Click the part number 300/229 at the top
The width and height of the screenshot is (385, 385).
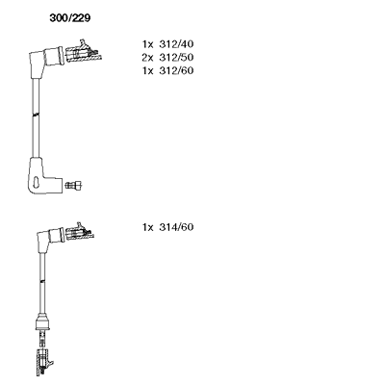(x=70, y=18)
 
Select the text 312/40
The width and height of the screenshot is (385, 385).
(x=176, y=43)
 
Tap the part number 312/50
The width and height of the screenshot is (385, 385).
(x=176, y=57)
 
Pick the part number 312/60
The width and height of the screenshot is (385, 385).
(x=176, y=70)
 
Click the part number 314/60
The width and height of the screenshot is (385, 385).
(x=176, y=227)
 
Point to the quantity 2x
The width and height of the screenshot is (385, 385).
(x=148, y=57)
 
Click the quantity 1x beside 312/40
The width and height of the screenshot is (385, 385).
(x=148, y=43)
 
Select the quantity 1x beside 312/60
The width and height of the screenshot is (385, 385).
(x=148, y=70)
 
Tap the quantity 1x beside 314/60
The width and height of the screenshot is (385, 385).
(x=148, y=227)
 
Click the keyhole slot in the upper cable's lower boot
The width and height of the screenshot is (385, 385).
(x=38, y=182)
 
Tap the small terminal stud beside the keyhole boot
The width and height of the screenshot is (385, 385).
(x=73, y=185)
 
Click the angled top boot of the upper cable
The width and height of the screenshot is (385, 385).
(x=45, y=60)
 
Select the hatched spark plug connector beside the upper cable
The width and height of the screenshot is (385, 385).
(x=84, y=51)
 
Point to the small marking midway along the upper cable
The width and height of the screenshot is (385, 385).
(x=36, y=114)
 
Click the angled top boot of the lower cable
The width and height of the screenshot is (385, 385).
(x=48, y=239)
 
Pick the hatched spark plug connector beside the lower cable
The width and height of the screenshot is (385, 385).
(x=79, y=231)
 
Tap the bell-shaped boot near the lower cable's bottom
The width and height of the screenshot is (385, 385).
(x=42, y=321)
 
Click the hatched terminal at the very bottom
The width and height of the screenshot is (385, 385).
(x=44, y=361)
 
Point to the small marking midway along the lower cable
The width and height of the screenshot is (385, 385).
(x=42, y=282)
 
